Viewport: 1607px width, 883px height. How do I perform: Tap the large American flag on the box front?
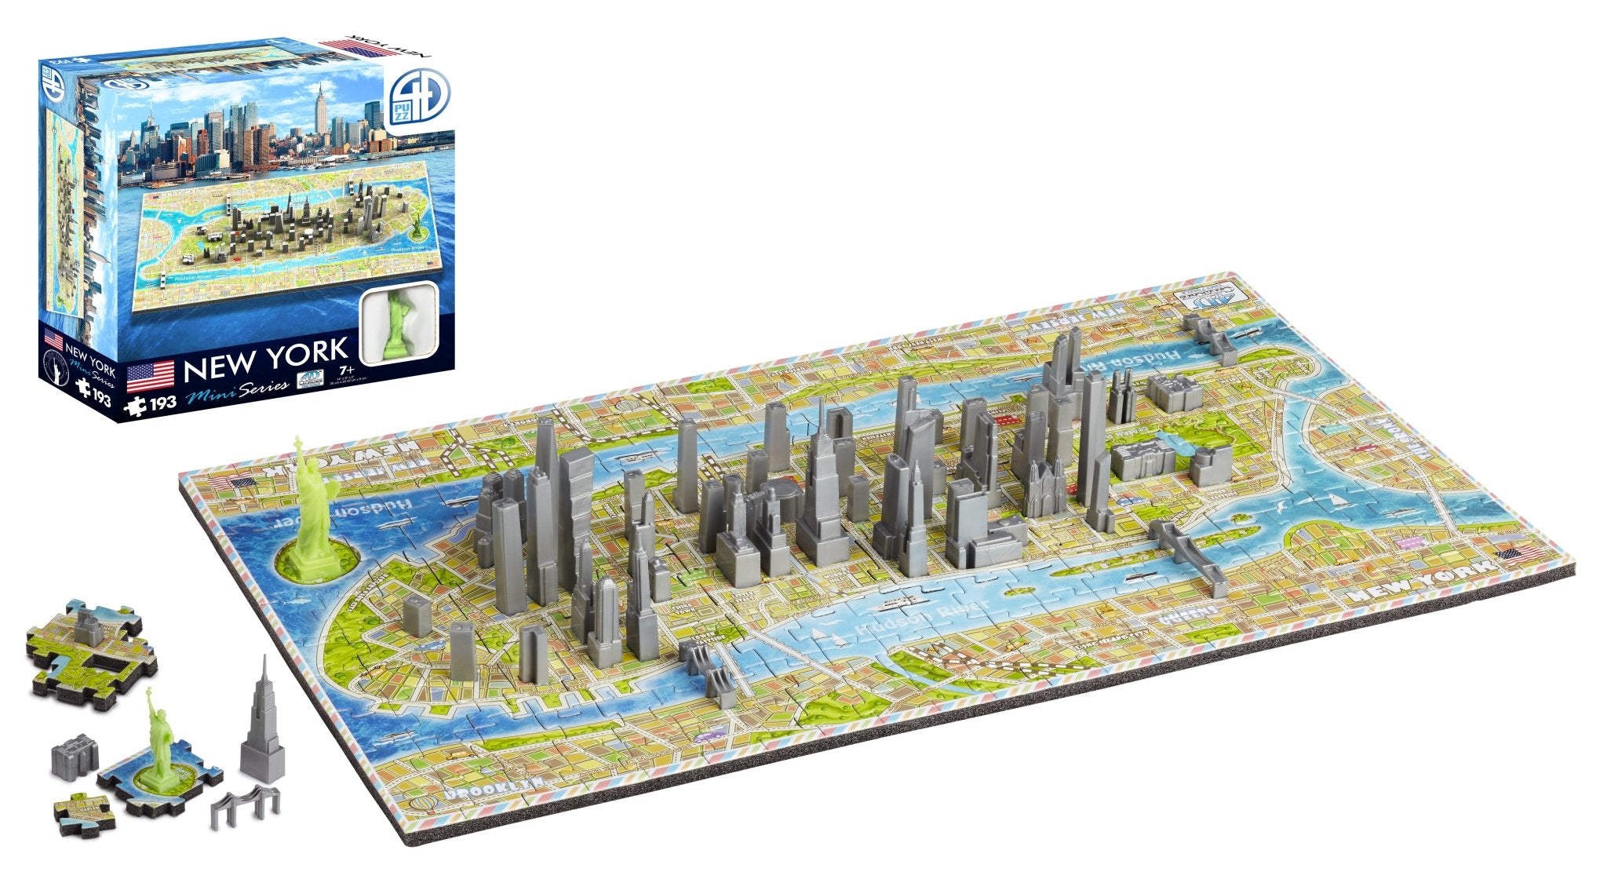point(150,376)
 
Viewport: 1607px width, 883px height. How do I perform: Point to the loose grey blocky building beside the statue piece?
point(75,753)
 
